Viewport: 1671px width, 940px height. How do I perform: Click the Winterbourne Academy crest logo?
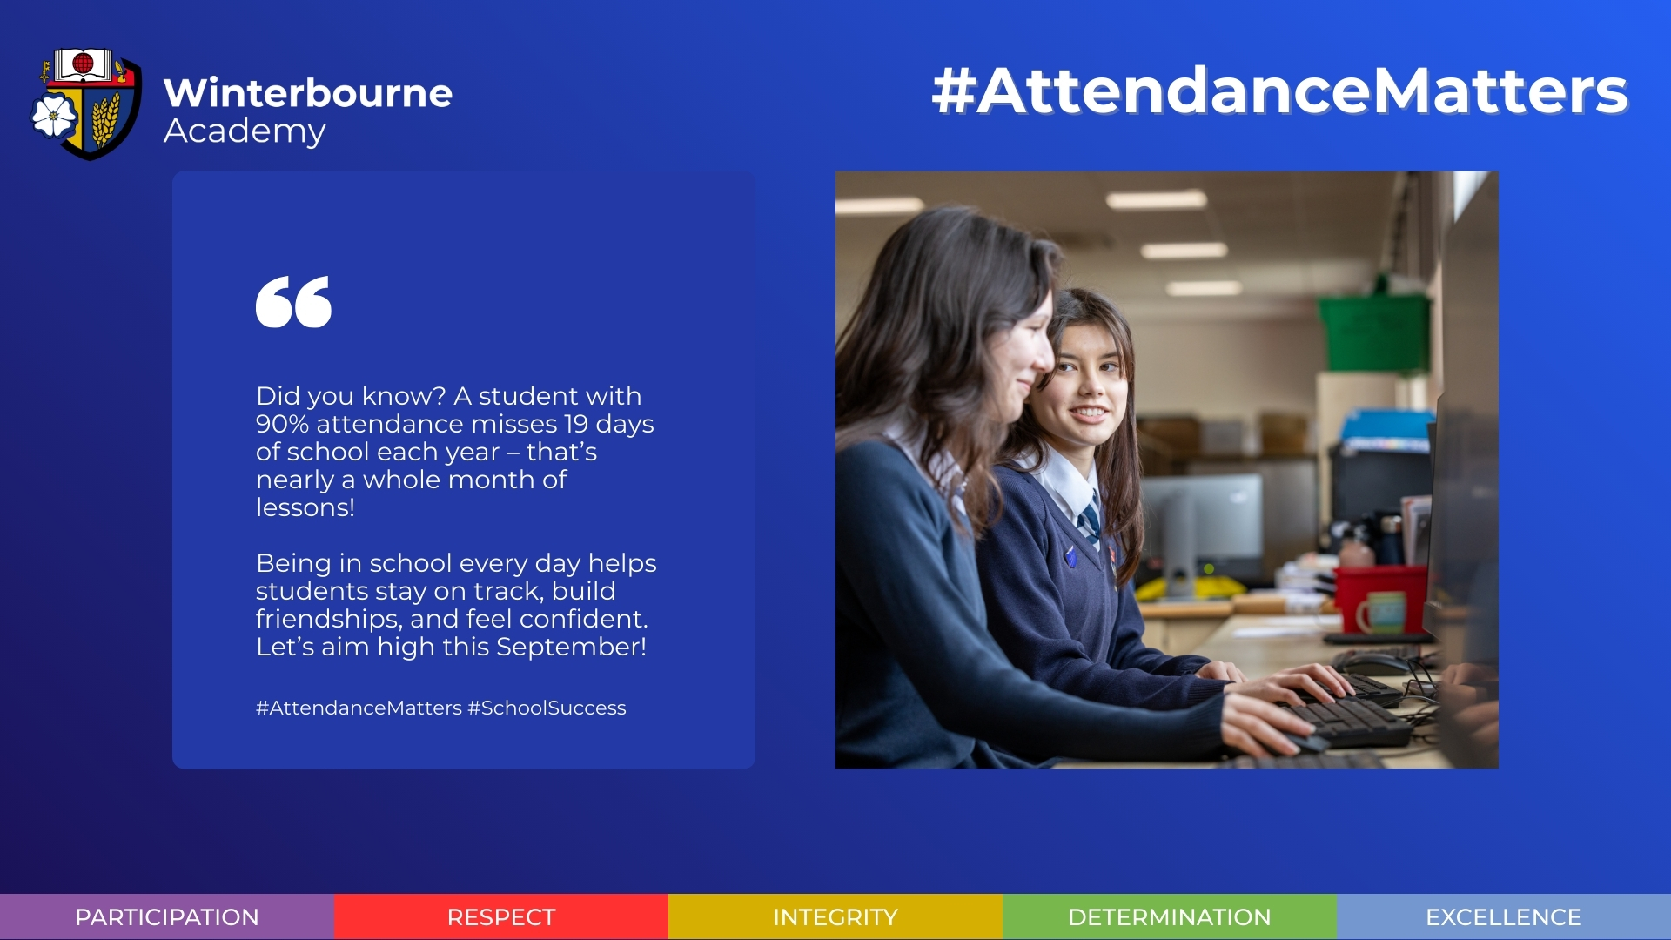coord(86,104)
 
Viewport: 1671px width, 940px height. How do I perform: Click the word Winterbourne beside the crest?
coord(308,93)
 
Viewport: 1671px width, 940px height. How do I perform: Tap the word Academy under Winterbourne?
coord(245,131)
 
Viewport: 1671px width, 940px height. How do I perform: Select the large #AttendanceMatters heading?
coord(1279,91)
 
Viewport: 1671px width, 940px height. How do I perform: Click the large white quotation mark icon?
coord(293,302)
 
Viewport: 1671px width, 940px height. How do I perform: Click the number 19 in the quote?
coord(576,424)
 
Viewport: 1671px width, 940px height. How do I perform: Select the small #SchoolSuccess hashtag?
coord(547,708)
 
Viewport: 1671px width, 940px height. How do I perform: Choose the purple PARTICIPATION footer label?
coord(167,917)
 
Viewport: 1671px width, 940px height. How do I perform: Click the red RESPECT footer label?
coord(501,917)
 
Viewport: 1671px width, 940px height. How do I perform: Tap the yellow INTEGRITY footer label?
coord(835,917)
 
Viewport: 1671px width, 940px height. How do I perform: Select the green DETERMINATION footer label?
coord(1170,917)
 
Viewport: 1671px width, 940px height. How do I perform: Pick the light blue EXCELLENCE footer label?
coord(1504,917)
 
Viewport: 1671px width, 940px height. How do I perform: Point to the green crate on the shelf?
coord(1373,331)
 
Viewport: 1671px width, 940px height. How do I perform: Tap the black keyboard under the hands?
coord(1349,719)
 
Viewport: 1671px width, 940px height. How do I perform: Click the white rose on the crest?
coord(54,116)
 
